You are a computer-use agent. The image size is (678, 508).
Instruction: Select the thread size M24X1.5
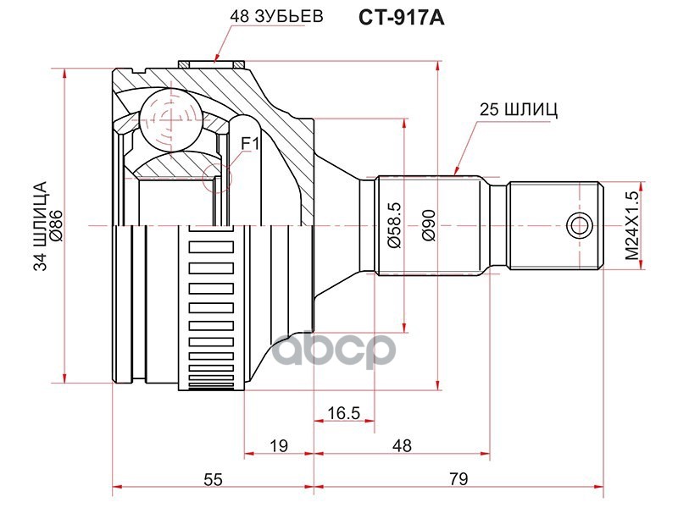click(630, 226)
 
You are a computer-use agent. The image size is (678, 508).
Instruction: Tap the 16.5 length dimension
click(343, 413)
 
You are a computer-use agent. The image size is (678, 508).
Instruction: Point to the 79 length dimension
click(458, 479)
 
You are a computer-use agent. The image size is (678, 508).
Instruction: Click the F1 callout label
click(250, 144)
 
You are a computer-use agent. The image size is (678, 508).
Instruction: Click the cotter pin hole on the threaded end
click(579, 225)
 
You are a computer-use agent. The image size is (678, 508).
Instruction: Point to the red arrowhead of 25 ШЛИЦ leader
click(457, 170)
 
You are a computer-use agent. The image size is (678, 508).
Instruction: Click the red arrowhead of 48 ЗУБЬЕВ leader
click(218, 58)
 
